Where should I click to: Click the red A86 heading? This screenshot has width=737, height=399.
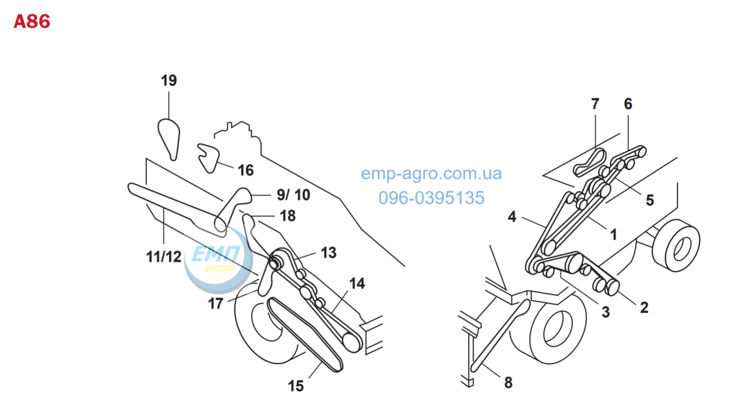point(32,22)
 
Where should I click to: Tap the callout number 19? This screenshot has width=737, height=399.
point(169,80)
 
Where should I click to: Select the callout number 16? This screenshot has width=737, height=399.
point(246,171)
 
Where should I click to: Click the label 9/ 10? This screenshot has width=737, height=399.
point(293,195)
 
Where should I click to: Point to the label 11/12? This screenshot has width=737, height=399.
point(164,256)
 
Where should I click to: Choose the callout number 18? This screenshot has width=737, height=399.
point(288,216)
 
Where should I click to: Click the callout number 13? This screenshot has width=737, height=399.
point(329,253)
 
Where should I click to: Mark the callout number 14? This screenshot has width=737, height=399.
point(357,283)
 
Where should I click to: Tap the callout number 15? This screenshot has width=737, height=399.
point(296,386)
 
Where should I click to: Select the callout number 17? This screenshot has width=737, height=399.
point(216,303)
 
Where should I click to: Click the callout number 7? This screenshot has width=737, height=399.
point(595,104)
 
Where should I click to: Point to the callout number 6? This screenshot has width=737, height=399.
point(628,104)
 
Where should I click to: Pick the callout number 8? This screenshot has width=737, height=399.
point(509,383)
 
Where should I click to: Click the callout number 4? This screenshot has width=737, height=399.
point(512,217)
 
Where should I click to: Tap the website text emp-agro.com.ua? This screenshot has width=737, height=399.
point(431,173)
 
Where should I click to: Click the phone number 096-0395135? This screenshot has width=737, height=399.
point(431,198)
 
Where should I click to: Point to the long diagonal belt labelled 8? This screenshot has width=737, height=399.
point(500,336)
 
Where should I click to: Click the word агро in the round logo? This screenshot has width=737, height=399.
point(219,268)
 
